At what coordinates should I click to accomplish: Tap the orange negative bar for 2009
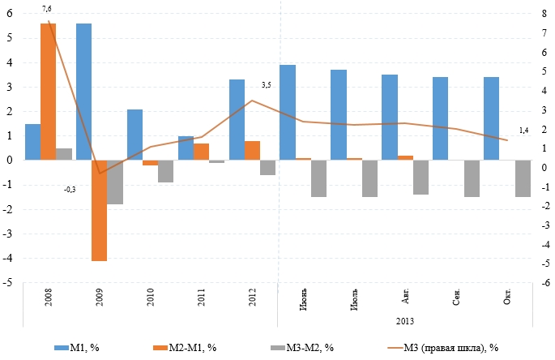(x=99, y=211)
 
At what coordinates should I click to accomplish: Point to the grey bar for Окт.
(x=523, y=178)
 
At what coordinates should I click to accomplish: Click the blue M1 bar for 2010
(x=134, y=135)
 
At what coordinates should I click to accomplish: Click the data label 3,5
(x=266, y=84)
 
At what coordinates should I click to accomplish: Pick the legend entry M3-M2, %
(x=302, y=348)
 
